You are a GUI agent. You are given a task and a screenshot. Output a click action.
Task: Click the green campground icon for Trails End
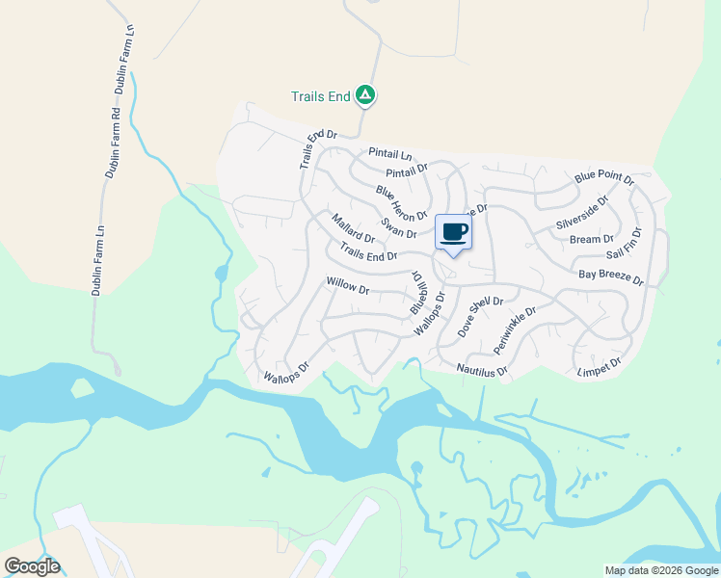pos(365,94)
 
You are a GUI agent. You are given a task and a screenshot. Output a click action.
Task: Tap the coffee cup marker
pos(454,232)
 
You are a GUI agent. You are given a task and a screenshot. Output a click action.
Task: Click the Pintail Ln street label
pos(389,153)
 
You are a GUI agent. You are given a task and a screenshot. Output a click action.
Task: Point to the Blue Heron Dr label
pos(401,202)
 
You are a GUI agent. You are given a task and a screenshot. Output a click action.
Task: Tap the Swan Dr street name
pos(398,227)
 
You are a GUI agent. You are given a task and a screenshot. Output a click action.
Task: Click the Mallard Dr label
pos(354,230)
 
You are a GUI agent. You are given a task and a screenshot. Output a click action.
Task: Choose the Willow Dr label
pos(348,285)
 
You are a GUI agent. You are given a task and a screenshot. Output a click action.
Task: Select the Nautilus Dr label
pos(482,368)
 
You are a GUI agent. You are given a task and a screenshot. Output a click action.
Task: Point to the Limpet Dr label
pos(599,365)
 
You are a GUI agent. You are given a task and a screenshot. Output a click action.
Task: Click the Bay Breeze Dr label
pos(610,276)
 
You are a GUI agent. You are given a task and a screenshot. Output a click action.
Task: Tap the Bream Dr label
pos(591,239)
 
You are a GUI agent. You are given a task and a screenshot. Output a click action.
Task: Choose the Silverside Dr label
pos(582,213)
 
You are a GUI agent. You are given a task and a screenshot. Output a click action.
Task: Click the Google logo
pos(32,566)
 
